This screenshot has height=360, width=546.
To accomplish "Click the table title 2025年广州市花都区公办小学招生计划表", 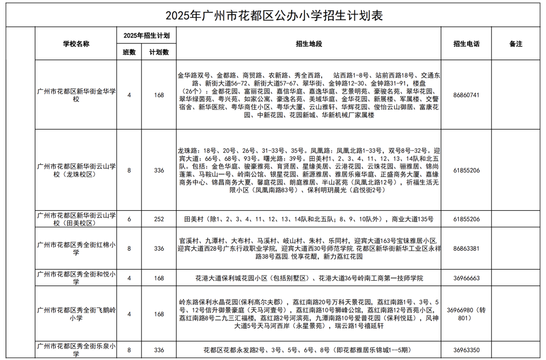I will [274, 16].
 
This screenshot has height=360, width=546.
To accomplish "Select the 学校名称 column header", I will [76, 44].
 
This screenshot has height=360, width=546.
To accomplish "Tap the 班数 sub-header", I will [129, 52].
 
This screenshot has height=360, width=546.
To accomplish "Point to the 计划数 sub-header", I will [159, 52].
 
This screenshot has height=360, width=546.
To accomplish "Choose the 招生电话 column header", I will [466, 44].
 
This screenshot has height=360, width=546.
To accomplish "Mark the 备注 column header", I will [516, 44].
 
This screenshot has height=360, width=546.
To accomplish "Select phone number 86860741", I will [466, 95].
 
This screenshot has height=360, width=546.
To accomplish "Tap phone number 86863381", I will [466, 249].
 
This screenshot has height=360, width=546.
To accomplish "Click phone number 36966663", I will [466, 278].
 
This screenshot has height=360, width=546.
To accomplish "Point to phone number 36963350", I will [466, 349].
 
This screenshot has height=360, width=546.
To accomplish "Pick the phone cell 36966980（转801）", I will [466, 314].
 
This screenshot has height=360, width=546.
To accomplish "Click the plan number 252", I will [159, 219].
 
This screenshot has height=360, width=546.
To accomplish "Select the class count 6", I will [129, 219].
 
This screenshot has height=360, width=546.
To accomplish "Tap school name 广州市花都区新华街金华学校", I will [76, 95].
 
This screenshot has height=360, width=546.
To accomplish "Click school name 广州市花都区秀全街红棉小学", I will [76, 249].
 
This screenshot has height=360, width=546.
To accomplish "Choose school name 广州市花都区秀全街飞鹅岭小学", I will [76, 314].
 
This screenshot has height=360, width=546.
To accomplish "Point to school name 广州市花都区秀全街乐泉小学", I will [76, 349].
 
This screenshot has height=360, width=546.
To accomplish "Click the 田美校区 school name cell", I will [76, 219].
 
